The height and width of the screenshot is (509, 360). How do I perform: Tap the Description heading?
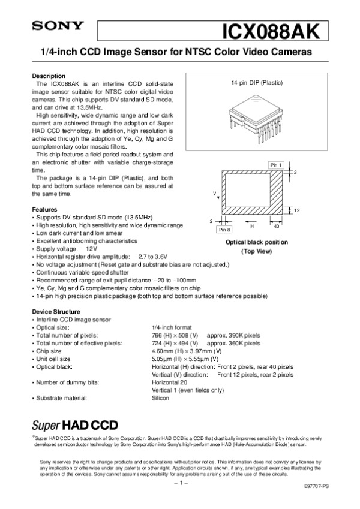pyautogui.click(x=48, y=76)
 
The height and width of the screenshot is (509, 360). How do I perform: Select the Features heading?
pyautogui.click(x=44, y=209)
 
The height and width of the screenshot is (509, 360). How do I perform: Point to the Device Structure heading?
pyautogui.click(x=55, y=312)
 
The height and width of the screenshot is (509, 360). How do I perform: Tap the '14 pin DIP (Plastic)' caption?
pyautogui.click(x=257, y=82)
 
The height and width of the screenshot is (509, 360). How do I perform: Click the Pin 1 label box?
pyautogui.click(x=275, y=165)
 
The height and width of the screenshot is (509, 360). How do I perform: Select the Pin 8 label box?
pyautogui.click(x=226, y=230)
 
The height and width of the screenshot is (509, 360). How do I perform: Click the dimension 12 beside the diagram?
pyautogui.click(x=297, y=210)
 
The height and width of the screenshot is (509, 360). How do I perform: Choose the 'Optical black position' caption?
pyautogui.click(x=256, y=242)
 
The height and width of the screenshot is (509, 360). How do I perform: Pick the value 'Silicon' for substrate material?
pyautogui.click(x=161, y=398)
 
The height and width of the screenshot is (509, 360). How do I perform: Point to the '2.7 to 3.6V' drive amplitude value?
pyautogui.click(x=155, y=256)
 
